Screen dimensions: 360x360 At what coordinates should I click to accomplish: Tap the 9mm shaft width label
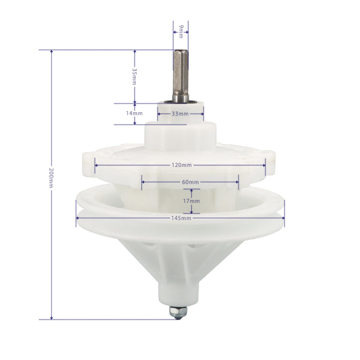[x=181, y=31]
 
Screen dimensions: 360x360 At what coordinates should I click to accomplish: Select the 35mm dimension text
[x=134, y=76]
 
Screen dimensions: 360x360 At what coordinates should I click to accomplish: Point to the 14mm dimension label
[x=134, y=113]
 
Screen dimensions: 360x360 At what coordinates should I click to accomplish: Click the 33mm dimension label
[x=180, y=114]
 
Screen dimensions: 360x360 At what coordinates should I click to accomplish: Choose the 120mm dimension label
[x=181, y=165]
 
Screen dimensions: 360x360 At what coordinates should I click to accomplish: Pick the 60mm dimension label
[x=190, y=182]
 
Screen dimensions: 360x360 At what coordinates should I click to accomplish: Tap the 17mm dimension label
[x=191, y=201]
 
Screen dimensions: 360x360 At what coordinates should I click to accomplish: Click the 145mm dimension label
[x=181, y=218]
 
